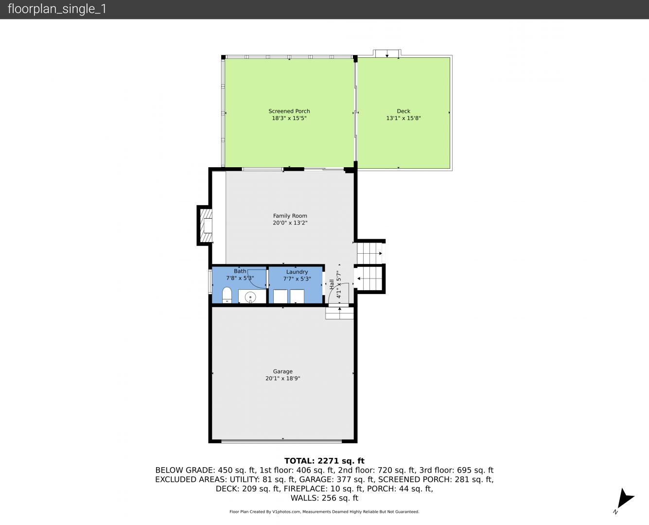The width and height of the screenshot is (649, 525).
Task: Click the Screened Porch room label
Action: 289,111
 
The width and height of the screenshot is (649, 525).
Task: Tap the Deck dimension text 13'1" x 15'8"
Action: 403,118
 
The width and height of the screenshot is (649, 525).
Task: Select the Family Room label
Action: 290,216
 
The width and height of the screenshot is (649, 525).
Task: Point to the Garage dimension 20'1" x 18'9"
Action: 282,379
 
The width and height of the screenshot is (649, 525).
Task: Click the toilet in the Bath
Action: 227,295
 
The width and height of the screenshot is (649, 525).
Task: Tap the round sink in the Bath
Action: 250,297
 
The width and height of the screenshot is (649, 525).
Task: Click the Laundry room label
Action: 297,272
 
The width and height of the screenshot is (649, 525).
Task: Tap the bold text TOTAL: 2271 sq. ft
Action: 324,461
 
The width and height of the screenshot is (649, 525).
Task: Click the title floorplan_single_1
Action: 57,9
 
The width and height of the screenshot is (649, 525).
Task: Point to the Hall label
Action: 332,284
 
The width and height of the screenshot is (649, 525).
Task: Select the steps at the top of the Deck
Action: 387,53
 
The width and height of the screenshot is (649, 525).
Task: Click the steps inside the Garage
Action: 339,313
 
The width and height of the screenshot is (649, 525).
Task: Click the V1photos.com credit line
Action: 324,511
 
